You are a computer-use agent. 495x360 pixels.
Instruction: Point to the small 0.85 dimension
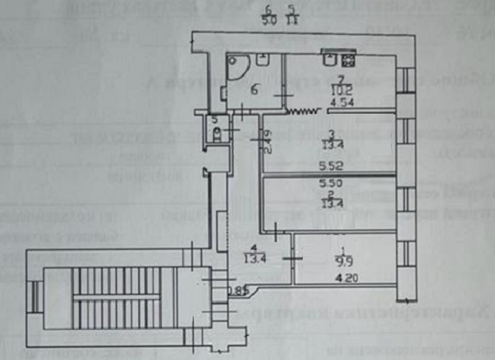(x=235, y=291)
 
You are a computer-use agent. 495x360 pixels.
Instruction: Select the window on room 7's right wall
(x=407, y=80)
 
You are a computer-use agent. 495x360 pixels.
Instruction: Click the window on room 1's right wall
(x=408, y=253)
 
